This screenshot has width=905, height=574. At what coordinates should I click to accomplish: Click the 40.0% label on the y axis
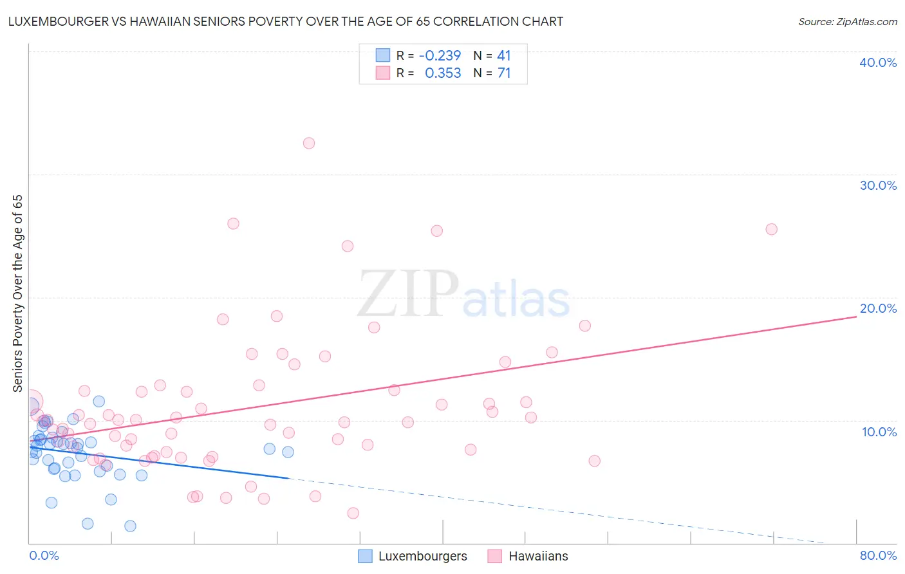point(878,62)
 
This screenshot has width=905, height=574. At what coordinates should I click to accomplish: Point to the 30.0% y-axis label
point(878,185)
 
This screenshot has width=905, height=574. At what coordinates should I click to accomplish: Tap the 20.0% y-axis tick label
point(878,308)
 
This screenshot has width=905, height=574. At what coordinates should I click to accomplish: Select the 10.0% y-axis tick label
point(879,432)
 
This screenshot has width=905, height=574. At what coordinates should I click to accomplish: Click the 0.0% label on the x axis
point(44,556)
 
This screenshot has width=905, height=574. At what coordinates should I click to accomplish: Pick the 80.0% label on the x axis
point(878,556)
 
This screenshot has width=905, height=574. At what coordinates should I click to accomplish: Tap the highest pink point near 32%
point(309,143)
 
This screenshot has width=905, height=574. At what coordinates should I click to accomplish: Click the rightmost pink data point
point(771,229)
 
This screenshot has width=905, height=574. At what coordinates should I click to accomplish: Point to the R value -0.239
point(440,56)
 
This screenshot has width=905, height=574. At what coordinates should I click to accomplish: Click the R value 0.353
point(443,73)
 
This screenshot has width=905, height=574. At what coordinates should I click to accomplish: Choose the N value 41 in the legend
point(504,56)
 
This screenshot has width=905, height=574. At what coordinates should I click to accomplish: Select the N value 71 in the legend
point(504,73)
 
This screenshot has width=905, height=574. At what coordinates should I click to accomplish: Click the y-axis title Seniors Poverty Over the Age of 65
point(17,293)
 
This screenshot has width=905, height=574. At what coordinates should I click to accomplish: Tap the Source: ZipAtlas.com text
point(847,22)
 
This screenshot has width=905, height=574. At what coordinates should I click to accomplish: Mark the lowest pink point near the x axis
point(353,513)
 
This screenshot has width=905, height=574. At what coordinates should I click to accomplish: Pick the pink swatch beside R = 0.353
point(383,73)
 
